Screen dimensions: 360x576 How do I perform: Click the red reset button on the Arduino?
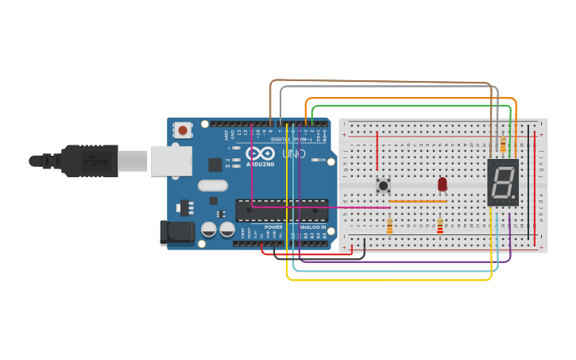coord(184,130)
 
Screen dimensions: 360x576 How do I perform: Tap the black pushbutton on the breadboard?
coord(383,185)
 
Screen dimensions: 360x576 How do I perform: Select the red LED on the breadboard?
coord(443,184)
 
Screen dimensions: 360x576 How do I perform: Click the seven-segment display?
coord(503,183)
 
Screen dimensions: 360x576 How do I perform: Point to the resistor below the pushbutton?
coord(389,227)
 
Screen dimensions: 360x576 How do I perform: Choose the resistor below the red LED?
coord(440,227)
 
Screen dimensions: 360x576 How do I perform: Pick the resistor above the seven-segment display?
coord(503,144)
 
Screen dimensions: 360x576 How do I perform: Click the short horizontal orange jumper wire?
coord(417,202)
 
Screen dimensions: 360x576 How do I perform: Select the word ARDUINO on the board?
coord(260,165)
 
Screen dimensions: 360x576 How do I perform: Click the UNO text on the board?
coord(293,153)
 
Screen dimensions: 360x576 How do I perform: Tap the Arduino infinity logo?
coord(260,153)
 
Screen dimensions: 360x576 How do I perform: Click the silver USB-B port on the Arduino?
coord(172,161)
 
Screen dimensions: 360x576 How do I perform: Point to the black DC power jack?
coord(176,232)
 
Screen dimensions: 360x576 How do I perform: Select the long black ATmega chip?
coord(282,210)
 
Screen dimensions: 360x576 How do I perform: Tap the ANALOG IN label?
coord(312,226)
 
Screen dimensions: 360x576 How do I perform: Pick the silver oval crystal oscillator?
coord(213,186)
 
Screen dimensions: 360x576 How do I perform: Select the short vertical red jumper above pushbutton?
coord(377,151)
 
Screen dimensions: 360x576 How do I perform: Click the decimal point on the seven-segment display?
coord(514,197)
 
